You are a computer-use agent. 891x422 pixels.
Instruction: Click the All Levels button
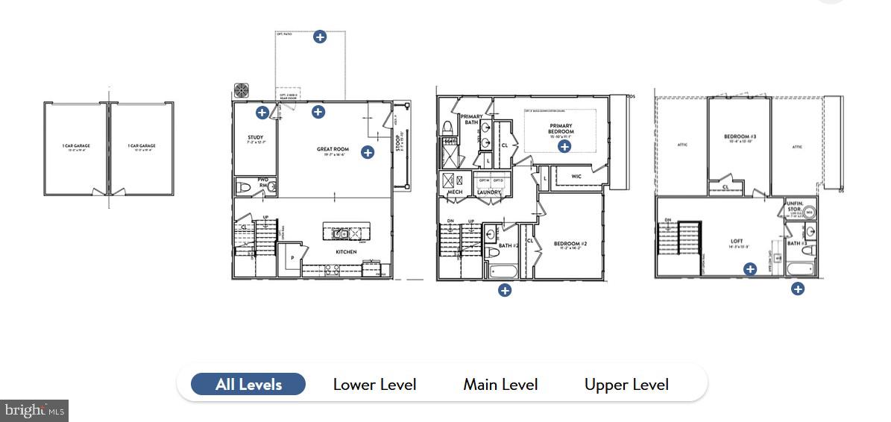click(248, 385)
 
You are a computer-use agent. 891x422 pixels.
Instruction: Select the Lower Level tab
click(374, 385)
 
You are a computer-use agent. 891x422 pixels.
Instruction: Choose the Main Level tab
click(500, 385)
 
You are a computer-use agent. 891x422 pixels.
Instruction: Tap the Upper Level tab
click(626, 385)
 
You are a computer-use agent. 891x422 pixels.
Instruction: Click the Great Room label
click(333, 149)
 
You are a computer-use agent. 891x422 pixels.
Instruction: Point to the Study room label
click(256, 138)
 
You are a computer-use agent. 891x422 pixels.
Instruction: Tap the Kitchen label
click(346, 252)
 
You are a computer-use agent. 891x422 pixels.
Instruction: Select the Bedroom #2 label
click(571, 244)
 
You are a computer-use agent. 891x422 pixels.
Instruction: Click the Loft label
click(737, 242)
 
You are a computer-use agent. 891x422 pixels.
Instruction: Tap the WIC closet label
click(576, 177)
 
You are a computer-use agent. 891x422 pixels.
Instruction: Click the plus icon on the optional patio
click(320, 37)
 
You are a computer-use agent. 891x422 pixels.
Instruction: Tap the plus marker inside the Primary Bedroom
click(564, 147)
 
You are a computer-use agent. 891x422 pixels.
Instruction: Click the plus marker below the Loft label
click(750, 269)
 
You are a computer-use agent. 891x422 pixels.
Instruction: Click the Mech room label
click(455, 192)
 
